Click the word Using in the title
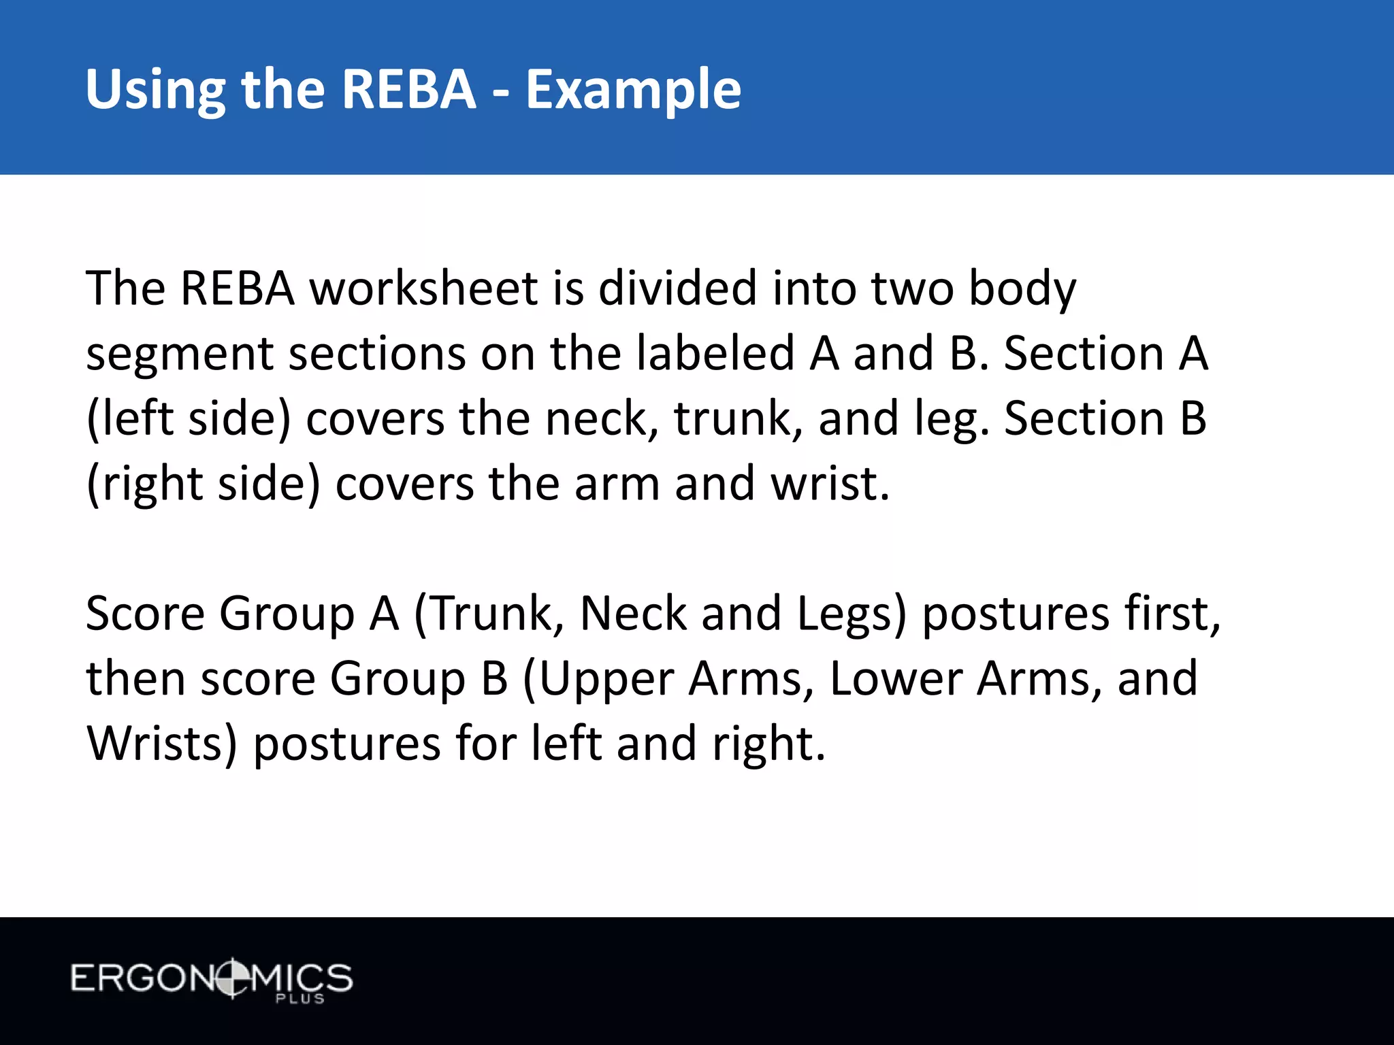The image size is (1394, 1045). [155, 90]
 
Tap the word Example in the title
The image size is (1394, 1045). [633, 90]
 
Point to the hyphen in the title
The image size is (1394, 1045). [500, 93]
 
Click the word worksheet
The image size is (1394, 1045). [424, 288]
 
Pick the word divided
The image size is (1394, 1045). [677, 288]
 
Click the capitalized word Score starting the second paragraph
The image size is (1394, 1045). [145, 614]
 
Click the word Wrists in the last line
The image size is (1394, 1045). [162, 744]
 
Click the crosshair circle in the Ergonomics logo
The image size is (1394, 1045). [232, 978]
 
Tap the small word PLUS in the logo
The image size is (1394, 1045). [299, 999]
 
